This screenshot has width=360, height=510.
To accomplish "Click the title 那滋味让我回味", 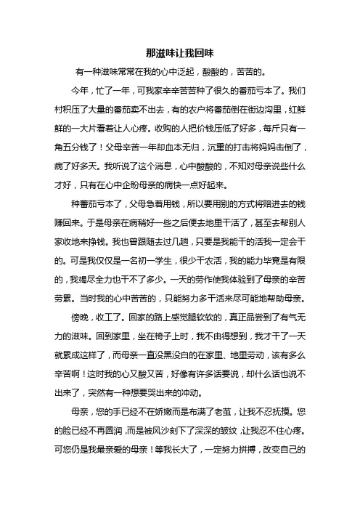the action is pos(180,54).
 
